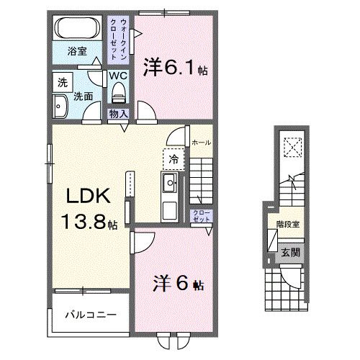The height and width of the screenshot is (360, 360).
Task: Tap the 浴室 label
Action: pos(78,52)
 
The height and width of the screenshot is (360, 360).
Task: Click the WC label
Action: pos(120,75)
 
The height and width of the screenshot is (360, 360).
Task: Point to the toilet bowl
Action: pos(120,91)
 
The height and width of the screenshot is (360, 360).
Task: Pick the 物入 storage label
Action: pos(119,114)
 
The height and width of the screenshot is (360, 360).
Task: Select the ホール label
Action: pos(201,143)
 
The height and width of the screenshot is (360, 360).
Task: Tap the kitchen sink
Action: pos(170,184)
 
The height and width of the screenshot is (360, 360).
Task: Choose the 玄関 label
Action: pos(291,253)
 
